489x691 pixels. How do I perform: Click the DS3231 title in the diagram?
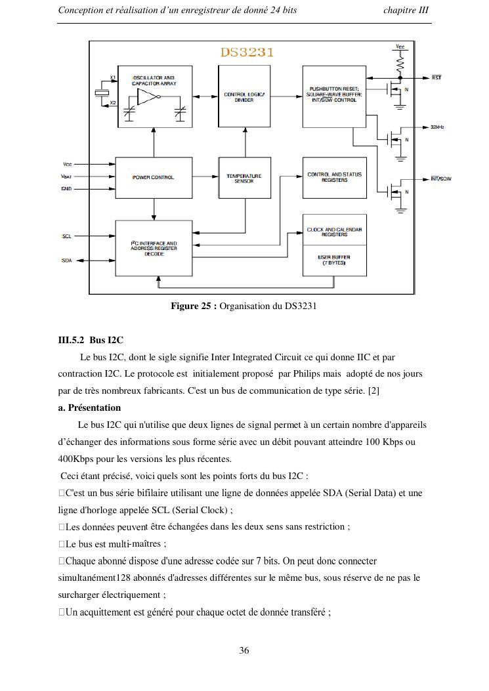pos(247,52)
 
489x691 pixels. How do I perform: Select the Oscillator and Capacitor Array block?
pos(155,96)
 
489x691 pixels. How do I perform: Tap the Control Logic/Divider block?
pos(244,96)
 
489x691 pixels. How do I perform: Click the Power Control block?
pos(154,177)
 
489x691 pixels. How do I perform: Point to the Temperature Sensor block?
pos(244,177)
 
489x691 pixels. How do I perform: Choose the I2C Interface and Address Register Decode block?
pos(154,249)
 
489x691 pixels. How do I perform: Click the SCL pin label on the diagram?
pos(67,236)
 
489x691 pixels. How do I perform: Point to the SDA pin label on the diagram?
pos(67,261)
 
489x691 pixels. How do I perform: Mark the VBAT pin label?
pos(66,177)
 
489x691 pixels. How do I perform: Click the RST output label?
pos(436,77)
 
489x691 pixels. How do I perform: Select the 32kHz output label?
pos(438,127)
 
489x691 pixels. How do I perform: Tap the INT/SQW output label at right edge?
pos(441,178)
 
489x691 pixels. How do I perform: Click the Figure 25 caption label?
pos(194,306)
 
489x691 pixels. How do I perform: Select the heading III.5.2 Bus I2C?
pos(91,340)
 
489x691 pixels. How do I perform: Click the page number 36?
pos(244,651)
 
